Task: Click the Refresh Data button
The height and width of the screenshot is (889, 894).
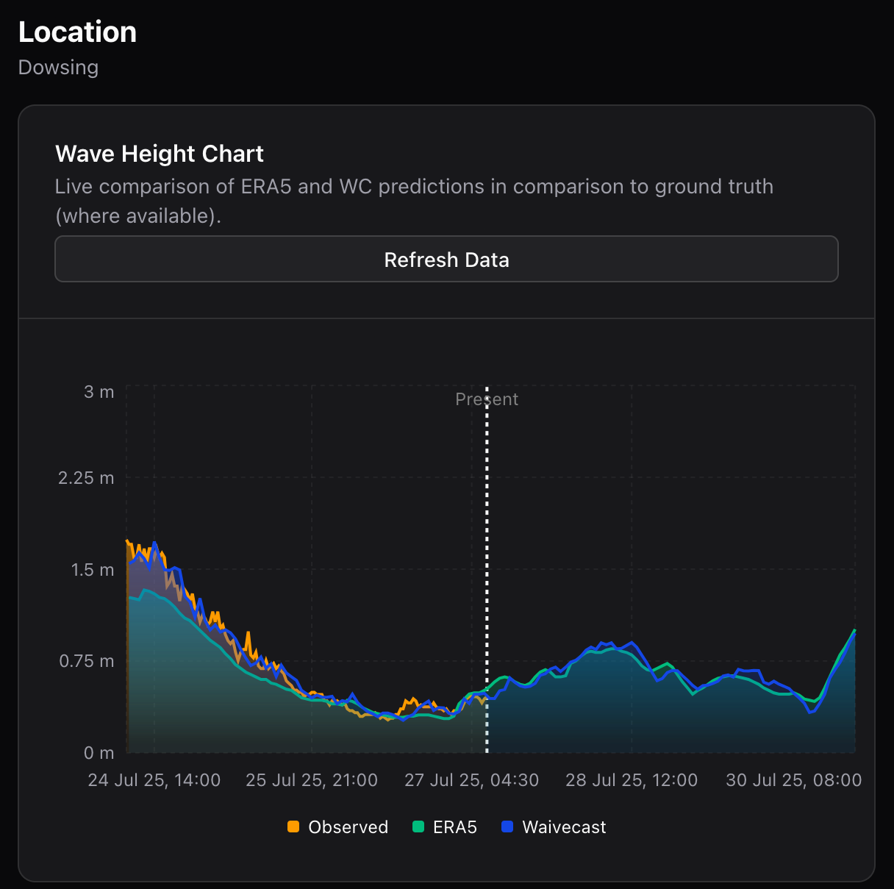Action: [446, 260]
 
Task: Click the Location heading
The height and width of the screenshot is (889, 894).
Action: [77, 32]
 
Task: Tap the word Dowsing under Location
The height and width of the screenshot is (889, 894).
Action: [58, 68]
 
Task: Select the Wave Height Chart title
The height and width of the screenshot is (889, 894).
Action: [159, 154]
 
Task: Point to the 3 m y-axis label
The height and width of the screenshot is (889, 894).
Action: [99, 392]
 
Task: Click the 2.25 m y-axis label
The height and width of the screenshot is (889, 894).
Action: [86, 478]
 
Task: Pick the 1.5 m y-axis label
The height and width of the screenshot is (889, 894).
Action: [93, 570]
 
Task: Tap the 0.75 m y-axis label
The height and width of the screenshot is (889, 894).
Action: [86, 661]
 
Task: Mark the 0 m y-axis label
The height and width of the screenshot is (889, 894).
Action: [99, 753]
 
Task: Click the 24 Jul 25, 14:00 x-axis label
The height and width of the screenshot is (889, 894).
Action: [154, 780]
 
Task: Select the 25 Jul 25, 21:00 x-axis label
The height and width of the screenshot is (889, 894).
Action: [312, 780]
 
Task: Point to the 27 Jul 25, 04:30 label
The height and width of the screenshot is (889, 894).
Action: [471, 780]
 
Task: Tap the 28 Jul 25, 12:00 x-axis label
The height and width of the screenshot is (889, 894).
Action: [632, 780]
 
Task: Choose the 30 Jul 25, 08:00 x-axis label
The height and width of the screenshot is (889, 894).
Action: [793, 780]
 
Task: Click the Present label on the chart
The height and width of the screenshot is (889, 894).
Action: [487, 399]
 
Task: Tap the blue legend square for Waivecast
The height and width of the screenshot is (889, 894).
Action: [507, 827]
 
